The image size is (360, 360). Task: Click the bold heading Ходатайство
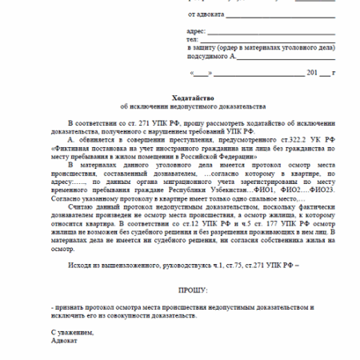click(x=179, y=94)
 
